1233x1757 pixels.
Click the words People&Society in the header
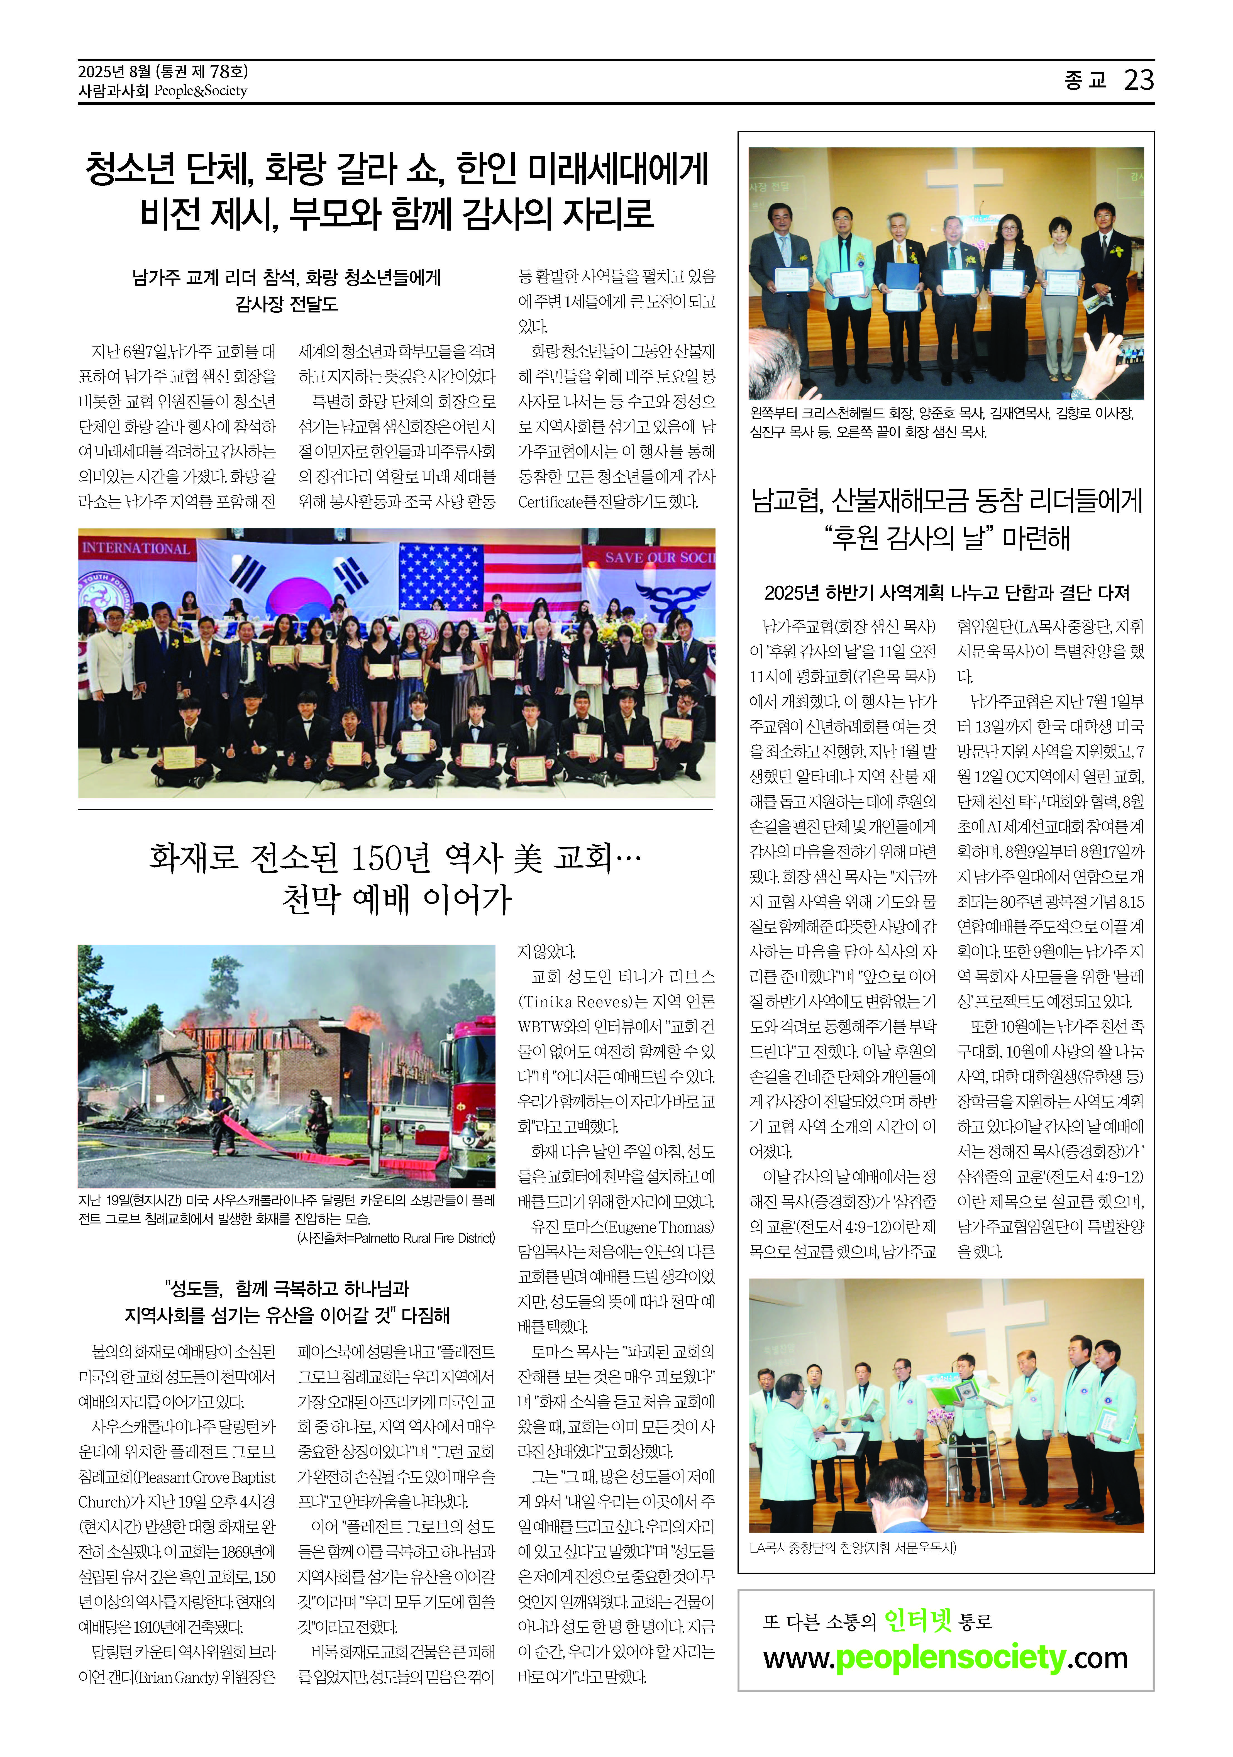[x=201, y=91]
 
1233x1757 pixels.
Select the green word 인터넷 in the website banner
[x=918, y=1620]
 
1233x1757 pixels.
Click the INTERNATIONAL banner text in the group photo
[x=136, y=548]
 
